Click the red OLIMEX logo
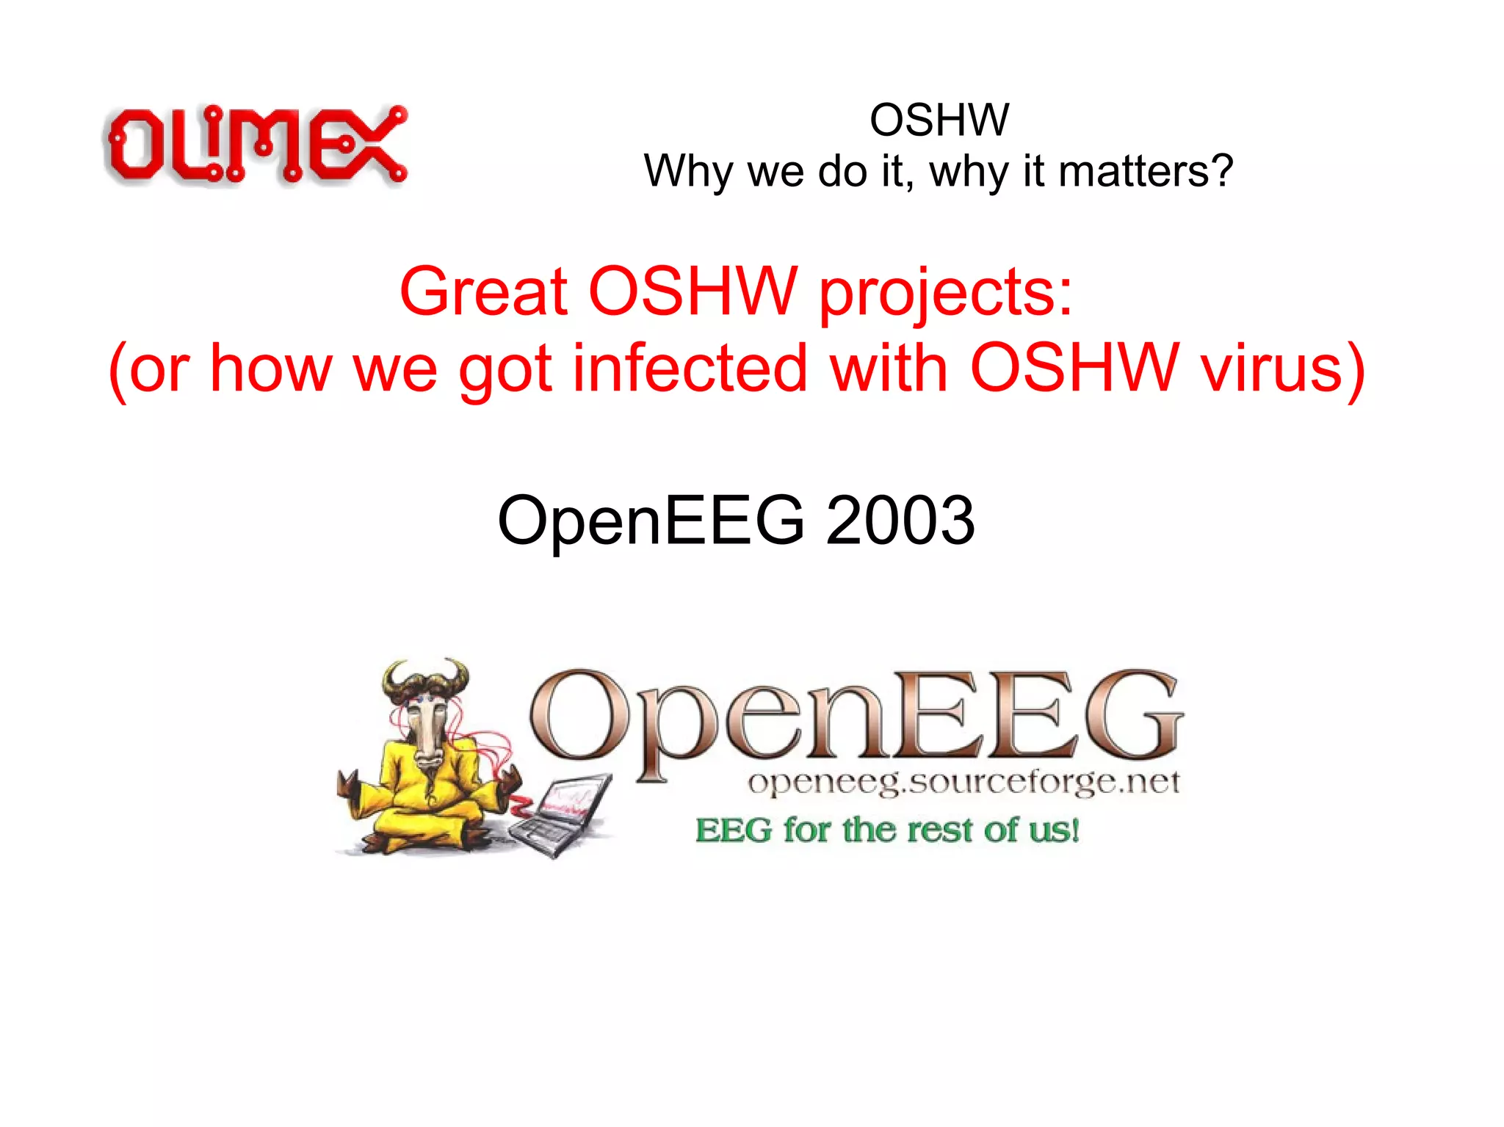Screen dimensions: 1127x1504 click(x=256, y=145)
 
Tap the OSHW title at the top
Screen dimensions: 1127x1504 click(x=939, y=120)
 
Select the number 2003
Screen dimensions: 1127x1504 click(x=900, y=520)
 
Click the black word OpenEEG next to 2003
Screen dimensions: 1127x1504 click(x=651, y=520)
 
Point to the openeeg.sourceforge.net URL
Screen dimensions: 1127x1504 click(x=963, y=783)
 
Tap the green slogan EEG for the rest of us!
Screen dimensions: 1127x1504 click(x=887, y=830)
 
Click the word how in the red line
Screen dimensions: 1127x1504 click(x=270, y=369)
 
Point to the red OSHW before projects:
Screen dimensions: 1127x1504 click(x=692, y=292)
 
